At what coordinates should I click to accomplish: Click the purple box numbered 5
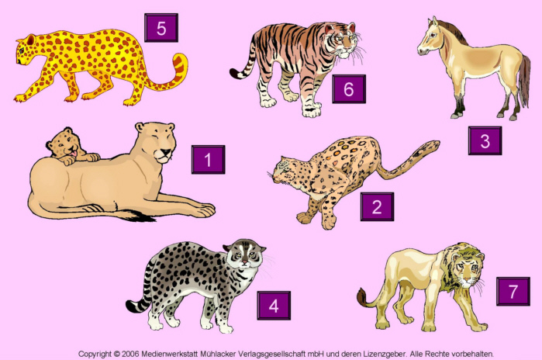click(x=161, y=28)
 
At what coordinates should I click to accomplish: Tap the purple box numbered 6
click(x=349, y=89)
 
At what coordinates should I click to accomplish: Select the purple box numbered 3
click(x=485, y=140)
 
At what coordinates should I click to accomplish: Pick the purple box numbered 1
click(x=208, y=159)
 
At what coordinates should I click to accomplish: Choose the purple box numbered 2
click(x=377, y=206)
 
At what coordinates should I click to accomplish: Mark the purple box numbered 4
click(x=274, y=306)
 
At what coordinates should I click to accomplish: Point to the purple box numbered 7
click(x=513, y=292)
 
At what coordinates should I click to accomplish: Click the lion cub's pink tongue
click(x=74, y=153)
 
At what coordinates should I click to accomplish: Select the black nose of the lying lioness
click(x=166, y=152)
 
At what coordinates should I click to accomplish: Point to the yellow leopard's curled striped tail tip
click(x=181, y=61)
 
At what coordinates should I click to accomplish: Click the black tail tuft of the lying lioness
click(x=140, y=216)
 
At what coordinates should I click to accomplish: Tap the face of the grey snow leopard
click(x=245, y=255)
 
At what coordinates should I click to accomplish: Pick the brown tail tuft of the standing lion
click(x=362, y=297)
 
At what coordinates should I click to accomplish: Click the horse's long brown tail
click(x=524, y=81)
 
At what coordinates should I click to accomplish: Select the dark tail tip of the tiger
click(x=236, y=74)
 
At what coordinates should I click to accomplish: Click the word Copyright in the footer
click(x=95, y=354)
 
